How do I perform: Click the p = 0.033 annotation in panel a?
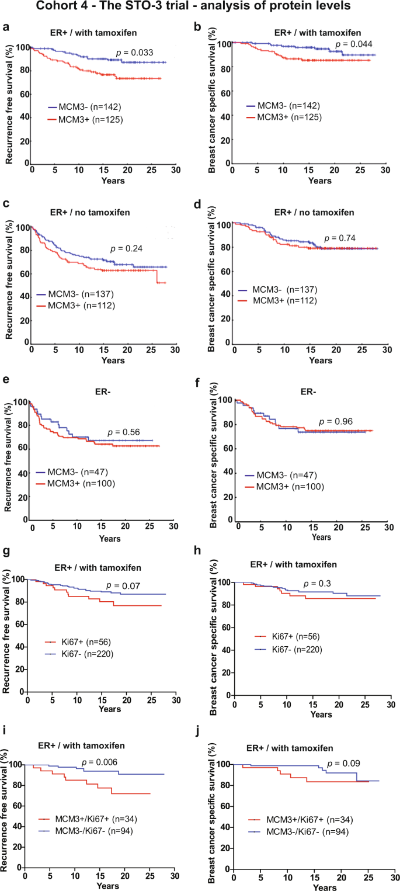pyautogui.click(x=134, y=53)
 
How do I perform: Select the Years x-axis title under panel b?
pyautogui.click(x=320, y=181)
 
